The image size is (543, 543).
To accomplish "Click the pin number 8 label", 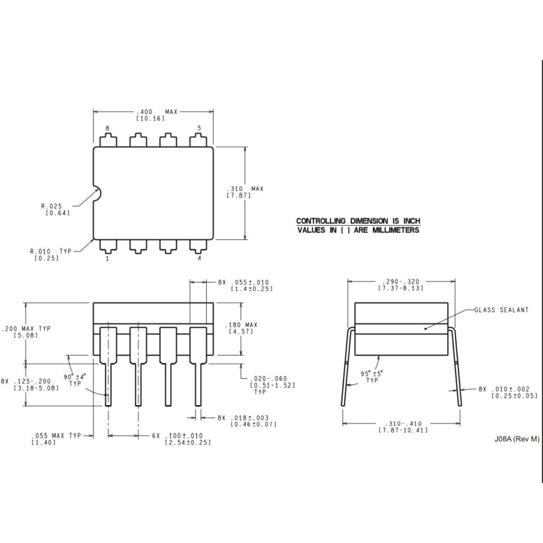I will point(107,128).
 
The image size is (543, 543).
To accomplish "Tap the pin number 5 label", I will point(199,128).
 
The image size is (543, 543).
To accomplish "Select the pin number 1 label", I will point(107,258).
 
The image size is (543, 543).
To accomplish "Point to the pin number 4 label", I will point(199,258).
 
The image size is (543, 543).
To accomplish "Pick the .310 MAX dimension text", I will point(245,189).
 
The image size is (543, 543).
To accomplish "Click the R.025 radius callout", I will point(52,206).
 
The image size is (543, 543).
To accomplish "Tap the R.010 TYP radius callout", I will point(51,251).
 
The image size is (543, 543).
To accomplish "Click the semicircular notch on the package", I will point(97,194).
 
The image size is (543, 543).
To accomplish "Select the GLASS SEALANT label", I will point(501,310).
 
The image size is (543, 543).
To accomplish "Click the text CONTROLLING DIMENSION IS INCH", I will point(358,221).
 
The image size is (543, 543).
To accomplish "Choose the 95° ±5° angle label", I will point(371,374).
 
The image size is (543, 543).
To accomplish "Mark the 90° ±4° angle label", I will point(75,377).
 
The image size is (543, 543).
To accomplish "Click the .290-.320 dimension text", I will point(400,282).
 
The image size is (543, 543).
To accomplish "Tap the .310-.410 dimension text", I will point(403,424).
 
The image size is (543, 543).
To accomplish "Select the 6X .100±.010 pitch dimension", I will point(177,436).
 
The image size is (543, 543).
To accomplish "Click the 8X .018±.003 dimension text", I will point(243,418).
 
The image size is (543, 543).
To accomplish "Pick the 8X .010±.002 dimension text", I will point(504,389).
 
